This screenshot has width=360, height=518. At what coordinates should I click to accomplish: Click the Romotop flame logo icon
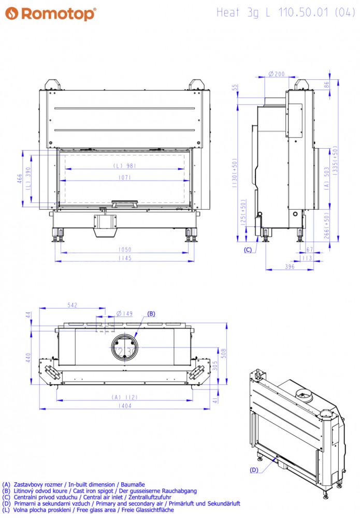pyautogui.click(x=11, y=13)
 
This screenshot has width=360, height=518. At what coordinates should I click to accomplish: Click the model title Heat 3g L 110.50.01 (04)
pyautogui.click(x=286, y=12)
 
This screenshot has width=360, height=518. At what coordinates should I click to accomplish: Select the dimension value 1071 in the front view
pyautogui.click(x=124, y=177)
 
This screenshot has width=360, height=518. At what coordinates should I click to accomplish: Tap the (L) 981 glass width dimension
pyautogui.click(x=124, y=166)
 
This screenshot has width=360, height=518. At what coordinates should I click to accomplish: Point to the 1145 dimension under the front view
pyautogui.click(x=125, y=258)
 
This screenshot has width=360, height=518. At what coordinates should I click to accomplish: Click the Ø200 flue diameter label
pyautogui.click(x=277, y=74)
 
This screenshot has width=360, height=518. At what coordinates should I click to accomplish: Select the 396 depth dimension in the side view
pyautogui.click(x=290, y=267)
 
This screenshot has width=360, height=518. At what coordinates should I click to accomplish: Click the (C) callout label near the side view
pyautogui.click(x=248, y=250)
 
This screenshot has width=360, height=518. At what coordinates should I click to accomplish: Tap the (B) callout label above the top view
pyautogui.click(x=151, y=313)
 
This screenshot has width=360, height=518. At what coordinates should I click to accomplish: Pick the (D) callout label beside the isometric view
pyautogui.click(x=254, y=470)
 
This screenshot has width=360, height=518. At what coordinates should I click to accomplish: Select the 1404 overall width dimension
pyautogui.click(x=125, y=406)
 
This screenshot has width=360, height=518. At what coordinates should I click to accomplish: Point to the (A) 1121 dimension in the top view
pyautogui.click(x=124, y=397)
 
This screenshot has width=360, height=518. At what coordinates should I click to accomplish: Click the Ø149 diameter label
pyautogui.click(x=124, y=313)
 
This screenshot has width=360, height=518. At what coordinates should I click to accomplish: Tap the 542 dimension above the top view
pyautogui.click(x=73, y=305)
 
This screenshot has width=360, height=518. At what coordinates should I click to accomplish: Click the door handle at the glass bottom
pyautogui.click(x=124, y=204)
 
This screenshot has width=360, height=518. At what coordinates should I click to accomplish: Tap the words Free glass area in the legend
pyautogui.click(x=96, y=510)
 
